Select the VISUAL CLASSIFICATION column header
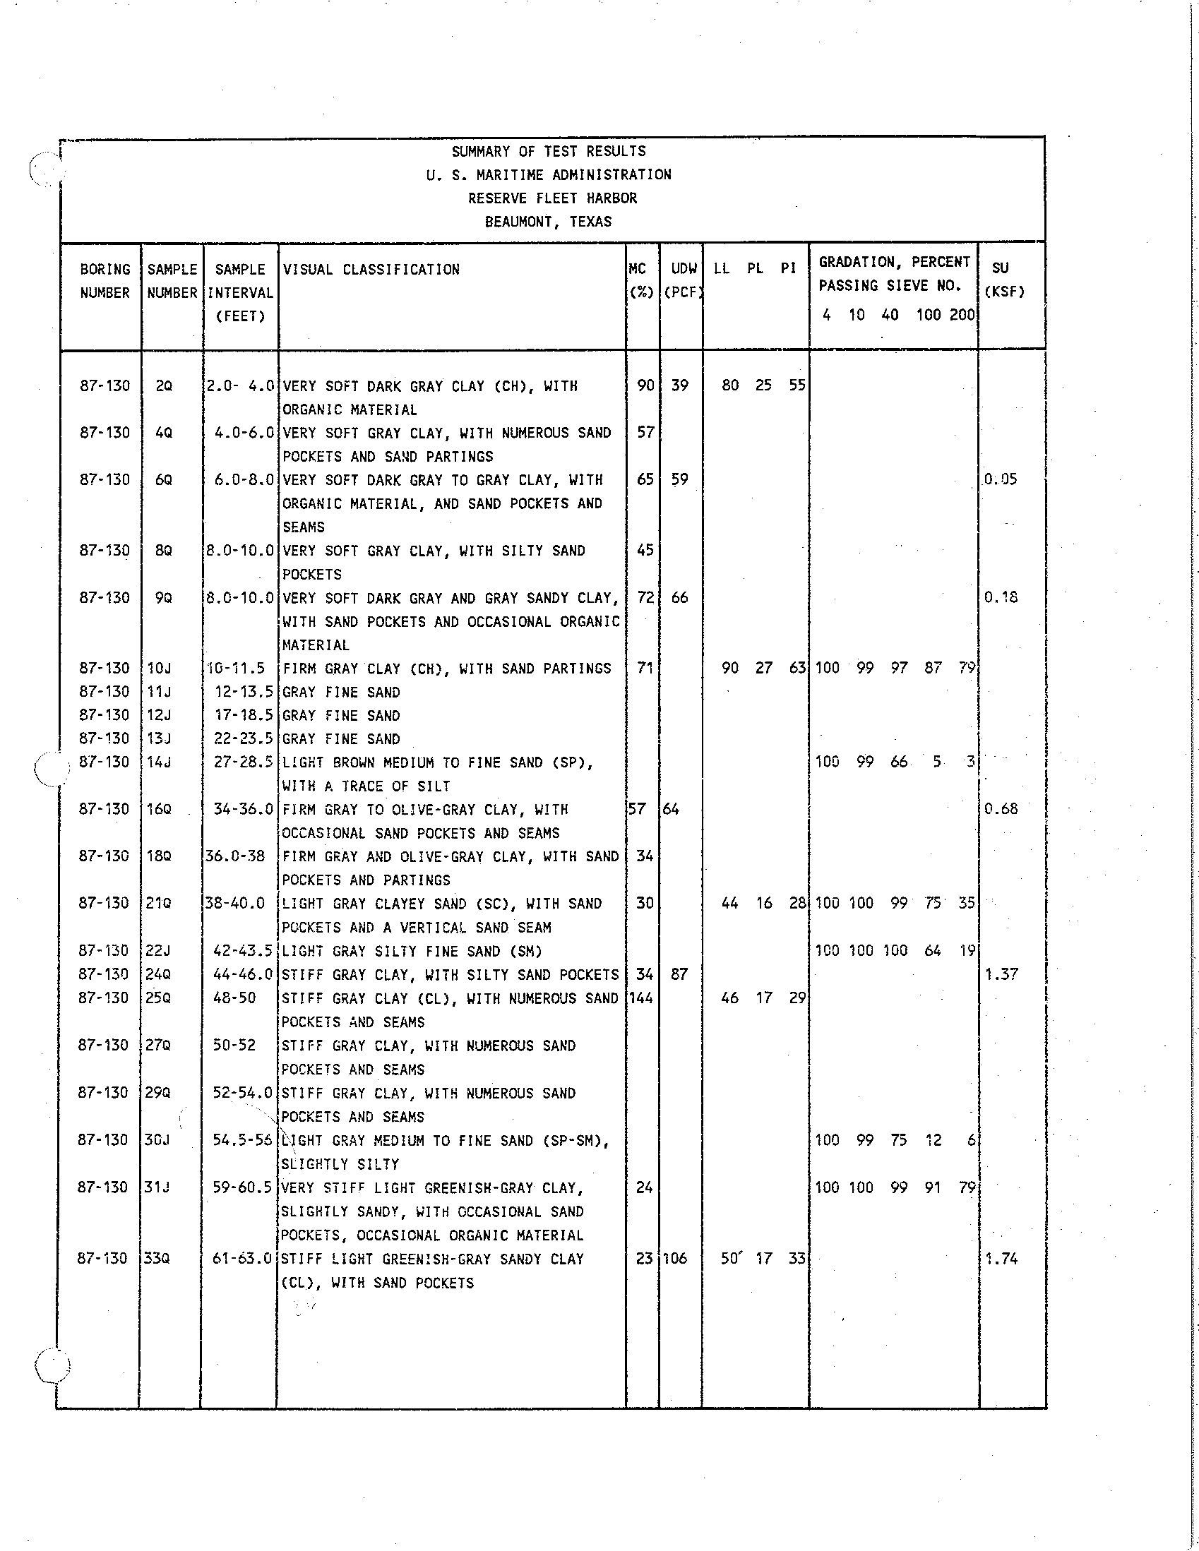tap(371, 270)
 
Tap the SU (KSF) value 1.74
tap(1001, 1259)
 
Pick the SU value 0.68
tap(1001, 809)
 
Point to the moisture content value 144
tap(640, 998)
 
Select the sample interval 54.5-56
tap(242, 1140)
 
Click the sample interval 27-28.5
tap(244, 762)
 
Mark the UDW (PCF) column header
tap(683, 280)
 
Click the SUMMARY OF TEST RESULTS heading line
tap(549, 151)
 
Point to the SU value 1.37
tap(1001, 974)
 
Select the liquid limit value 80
tap(730, 385)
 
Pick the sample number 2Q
tap(163, 386)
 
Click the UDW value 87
tap(679, 974)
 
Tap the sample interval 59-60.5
tap(243, 1187)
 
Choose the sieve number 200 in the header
tap(962, 315)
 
